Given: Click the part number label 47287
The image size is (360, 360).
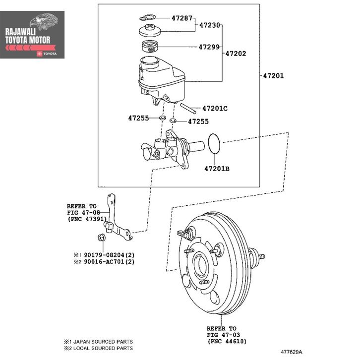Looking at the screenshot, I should pyautogui.click(x=182, y=18).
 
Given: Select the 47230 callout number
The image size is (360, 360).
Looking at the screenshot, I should pyautogui.click(x=210, y=24).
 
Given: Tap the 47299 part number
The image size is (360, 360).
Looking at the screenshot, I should pyautogui.click(x=209, y=48).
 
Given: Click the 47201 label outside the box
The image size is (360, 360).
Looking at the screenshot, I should pyautogui.click(x=273, y=76).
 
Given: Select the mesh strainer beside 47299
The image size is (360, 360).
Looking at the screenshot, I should pyautogui.click(x=150, y=48).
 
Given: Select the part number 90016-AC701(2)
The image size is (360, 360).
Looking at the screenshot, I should pyautogui.click(x=109, y=261).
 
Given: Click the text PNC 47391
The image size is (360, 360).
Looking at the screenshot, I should pyautogui.click(x=87, y=219).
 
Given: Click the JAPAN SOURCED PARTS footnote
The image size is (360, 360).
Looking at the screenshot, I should pyautogui.click(x=101, y=342).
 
